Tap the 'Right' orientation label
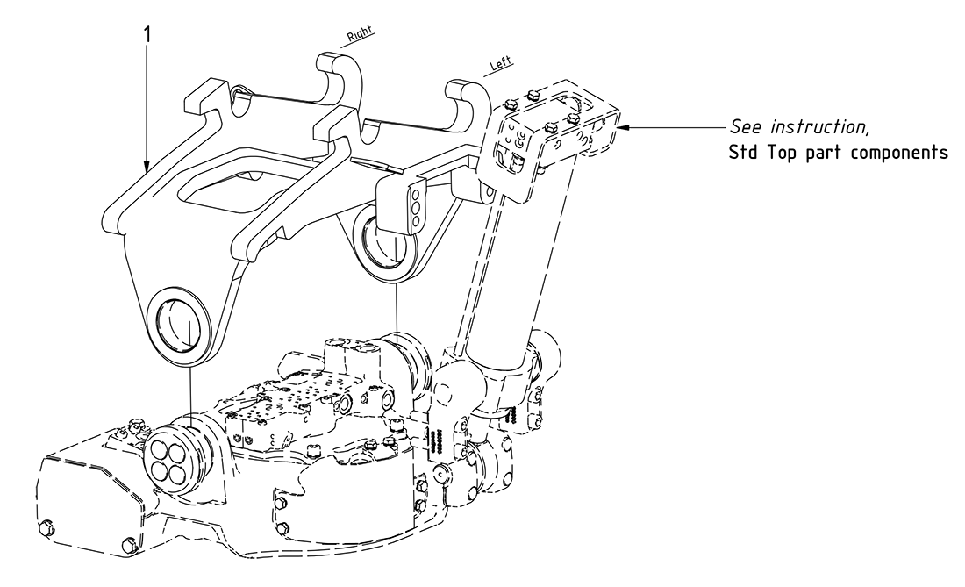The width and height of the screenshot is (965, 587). pos(360,32)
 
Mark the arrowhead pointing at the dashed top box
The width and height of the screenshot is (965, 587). pos(625,126)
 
